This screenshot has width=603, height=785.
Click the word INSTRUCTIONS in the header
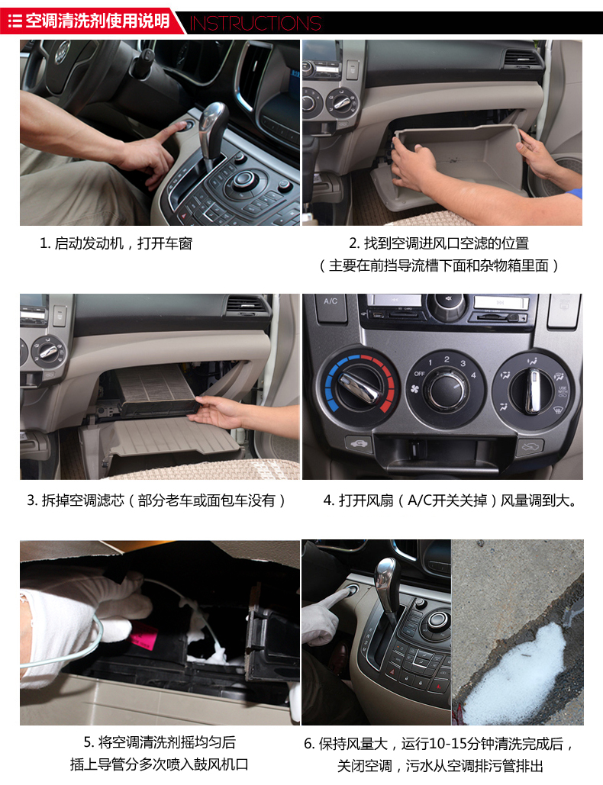pyautogui.click(x=255, y=23)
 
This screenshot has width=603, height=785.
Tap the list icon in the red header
pyautogui.click(x=15, y=21)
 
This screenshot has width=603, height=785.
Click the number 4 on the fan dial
pyautogui.click(x=473, y=375)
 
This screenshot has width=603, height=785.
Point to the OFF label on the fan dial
pyautogui.click(x=419, y=374)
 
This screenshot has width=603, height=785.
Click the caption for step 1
pyautogui.click(x=116, y=243)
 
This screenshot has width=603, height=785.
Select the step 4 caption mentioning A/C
pyautogui.click(x=450, y=500)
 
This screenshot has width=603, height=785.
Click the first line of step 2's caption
pyautogui.click(x=439, y=243)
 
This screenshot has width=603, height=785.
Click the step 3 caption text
pyautogui.click(x=156, y=500)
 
